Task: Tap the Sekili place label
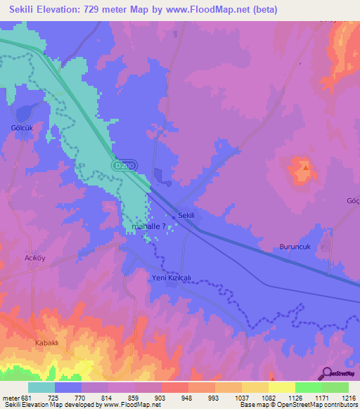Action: (186, 216)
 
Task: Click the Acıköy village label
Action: (35, 258)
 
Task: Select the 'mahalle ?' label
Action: (149, 227)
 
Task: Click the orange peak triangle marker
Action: (305, 167)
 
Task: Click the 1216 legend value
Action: (340, 397)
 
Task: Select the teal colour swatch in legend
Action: (41, 387)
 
